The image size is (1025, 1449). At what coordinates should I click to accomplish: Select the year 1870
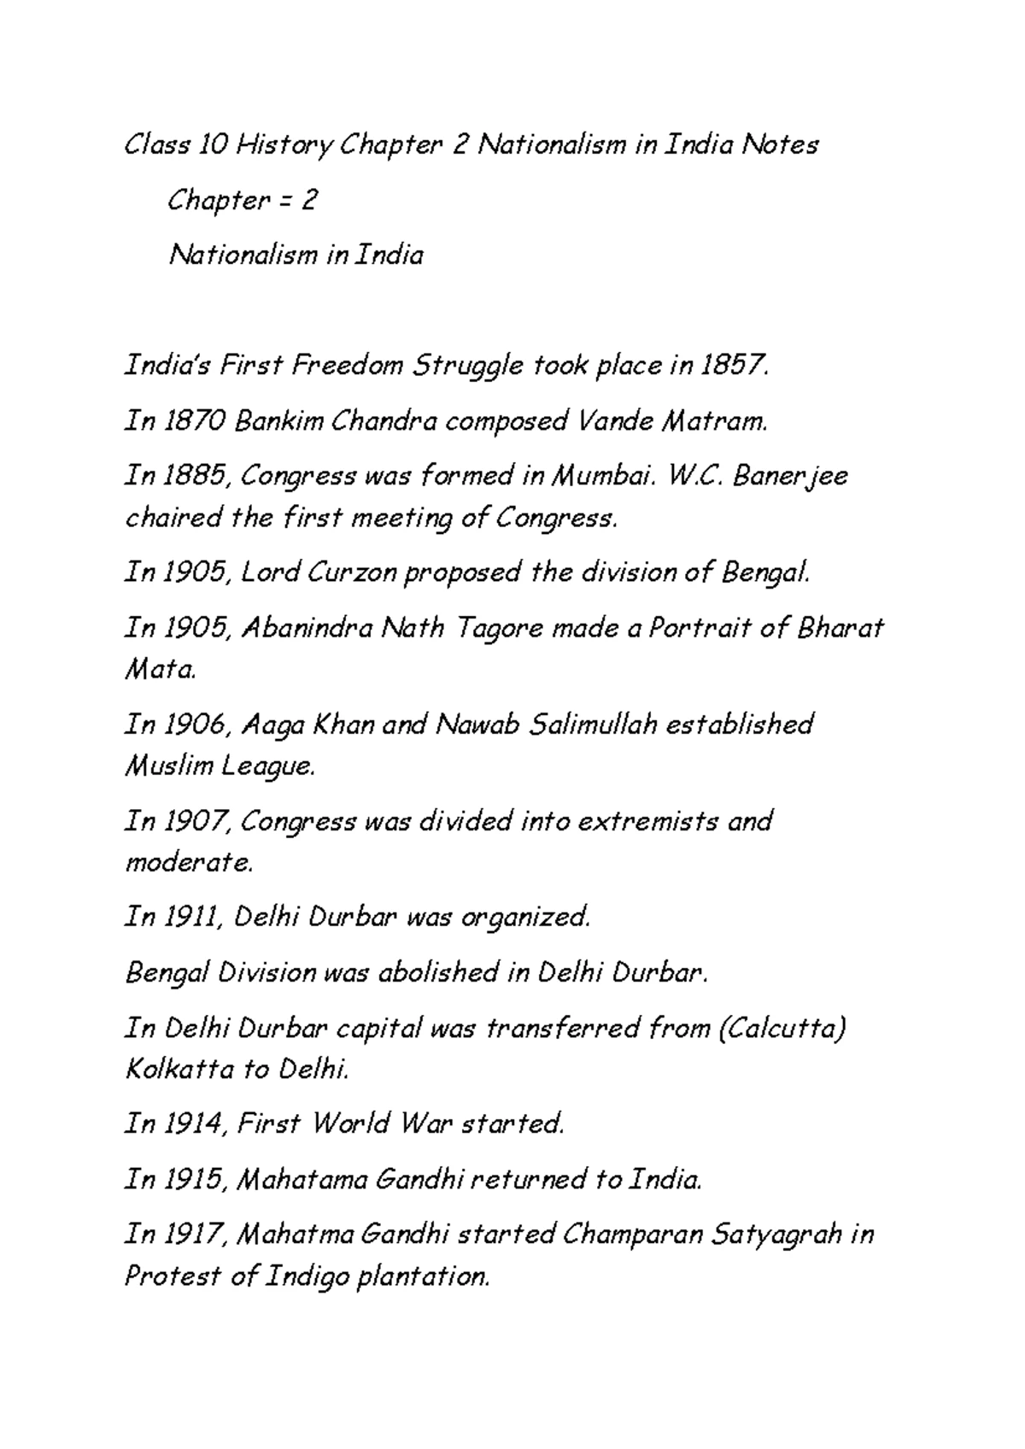click(x=193, y=421)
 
